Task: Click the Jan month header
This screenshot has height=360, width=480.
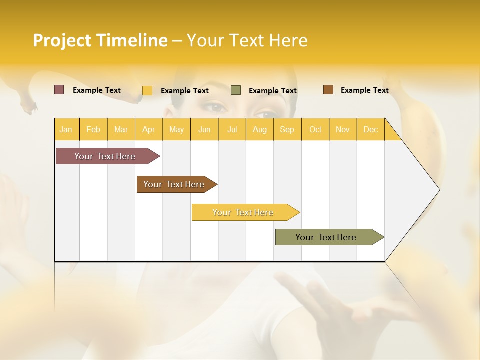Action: point(66,129)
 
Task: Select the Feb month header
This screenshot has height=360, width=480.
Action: point(93,129)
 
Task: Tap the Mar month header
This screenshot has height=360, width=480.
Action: point(121,129)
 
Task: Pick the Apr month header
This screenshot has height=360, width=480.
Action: point(148,129)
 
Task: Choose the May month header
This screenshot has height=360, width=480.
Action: point(176,129)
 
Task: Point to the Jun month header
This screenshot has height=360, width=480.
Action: point(204,129)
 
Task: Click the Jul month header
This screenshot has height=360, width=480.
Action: point(232,129)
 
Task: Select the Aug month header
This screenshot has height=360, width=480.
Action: point(259,129)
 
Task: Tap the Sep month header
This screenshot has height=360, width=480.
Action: point(287,129)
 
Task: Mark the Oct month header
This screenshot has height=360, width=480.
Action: point(315,129)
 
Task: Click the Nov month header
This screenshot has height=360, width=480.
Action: point(343,129)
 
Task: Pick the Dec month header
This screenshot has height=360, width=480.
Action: point(370,129)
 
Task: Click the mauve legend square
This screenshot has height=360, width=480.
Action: point(59,90)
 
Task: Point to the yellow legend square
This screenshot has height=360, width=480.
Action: point(147,90)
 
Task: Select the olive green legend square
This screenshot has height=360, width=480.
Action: point(236,90)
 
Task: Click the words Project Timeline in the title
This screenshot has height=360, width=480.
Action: point(100,40)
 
